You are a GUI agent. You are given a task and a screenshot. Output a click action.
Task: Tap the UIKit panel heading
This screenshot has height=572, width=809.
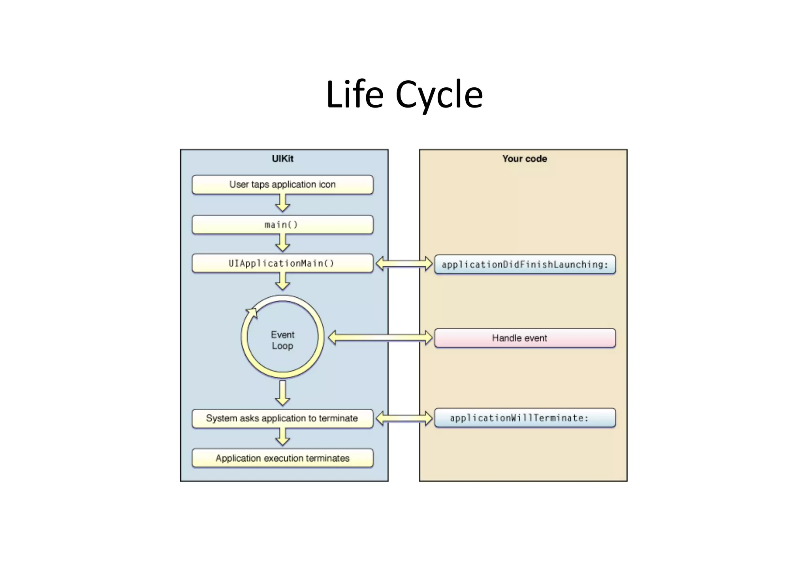[x=282, y=159]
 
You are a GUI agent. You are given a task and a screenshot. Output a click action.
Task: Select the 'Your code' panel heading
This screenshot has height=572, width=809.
[x=525, y=159]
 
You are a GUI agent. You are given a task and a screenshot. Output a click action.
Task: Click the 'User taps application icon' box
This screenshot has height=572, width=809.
[x=282, y=185]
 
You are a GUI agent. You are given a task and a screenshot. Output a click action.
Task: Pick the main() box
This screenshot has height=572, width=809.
[x=282, y=225]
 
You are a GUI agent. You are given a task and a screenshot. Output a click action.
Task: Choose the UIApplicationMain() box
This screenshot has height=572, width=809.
[x=282, y=263]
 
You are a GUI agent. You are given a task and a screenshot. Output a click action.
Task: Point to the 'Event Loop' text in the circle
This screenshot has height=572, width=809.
[x=282, y=340]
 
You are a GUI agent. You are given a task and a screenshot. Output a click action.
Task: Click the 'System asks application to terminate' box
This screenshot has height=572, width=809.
[x=282, y=418]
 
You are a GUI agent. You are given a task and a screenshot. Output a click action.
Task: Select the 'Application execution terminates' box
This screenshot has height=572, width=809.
[x=282, y=458]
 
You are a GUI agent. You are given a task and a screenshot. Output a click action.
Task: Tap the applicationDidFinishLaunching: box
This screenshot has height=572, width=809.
[x=525, y=264]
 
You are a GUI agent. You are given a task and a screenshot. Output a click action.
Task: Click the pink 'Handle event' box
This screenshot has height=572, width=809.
[x=525, y=338]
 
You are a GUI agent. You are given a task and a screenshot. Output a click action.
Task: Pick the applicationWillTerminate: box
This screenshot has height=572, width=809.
[x=525, y=418]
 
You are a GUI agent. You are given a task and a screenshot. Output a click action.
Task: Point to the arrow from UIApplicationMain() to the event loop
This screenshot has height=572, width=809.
[x=282, y=281]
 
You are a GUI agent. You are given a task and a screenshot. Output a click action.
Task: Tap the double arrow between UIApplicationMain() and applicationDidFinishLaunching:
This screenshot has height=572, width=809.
[x=404, y=263]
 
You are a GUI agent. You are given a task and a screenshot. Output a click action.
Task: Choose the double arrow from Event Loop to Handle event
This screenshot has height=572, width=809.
[x=380, y=337]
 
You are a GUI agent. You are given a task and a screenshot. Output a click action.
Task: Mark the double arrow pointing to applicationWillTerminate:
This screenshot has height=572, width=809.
[x=404, y=418]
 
